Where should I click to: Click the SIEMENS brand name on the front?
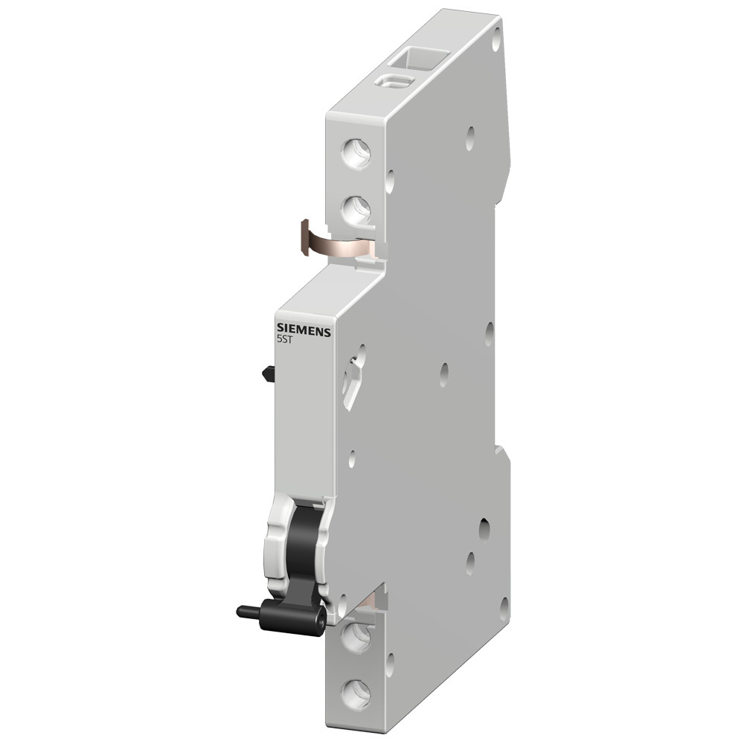304,330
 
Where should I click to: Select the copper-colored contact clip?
327,243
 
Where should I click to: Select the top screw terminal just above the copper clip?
355,211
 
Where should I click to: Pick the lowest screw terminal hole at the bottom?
355,693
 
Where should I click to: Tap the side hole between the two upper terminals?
390,180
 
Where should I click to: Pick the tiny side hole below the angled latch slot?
351,461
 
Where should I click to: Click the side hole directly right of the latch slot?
444,373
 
